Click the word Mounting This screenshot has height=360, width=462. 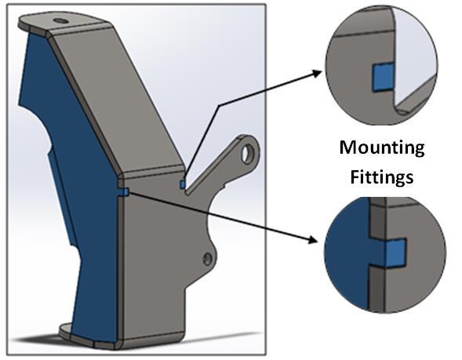point(382,149)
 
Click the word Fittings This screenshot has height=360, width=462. point(382,177)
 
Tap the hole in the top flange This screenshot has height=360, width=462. point(60,21)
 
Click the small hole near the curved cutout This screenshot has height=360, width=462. point(208,259)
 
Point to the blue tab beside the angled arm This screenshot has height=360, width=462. point(183,184)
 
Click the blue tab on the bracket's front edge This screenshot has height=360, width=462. point(126,192)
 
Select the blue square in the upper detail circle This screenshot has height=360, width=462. point(383,77)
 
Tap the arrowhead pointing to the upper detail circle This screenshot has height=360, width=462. point(317,73)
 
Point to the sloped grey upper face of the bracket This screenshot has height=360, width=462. point(118,97)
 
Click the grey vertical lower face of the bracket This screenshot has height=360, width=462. point(153,265)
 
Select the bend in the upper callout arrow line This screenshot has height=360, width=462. point(218,105)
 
